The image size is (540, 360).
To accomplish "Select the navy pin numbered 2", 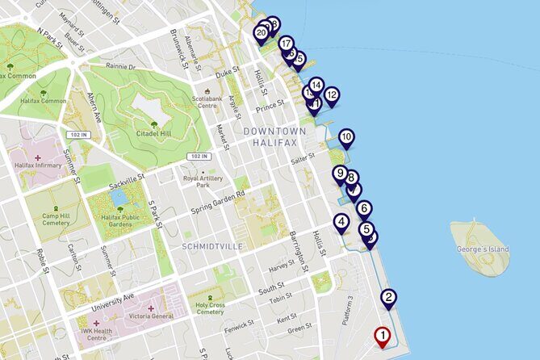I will (x=389, y=298).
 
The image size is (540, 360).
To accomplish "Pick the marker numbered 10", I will (x=346, y=138).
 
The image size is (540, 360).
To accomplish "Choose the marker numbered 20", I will (x=261, y=33).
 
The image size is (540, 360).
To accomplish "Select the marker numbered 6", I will (x=364, y=209).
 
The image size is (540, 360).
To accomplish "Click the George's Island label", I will (x=483, y=249).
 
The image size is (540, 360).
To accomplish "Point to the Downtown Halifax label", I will (x=275, y=136).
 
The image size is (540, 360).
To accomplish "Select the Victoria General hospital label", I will (x=146, y=316).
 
